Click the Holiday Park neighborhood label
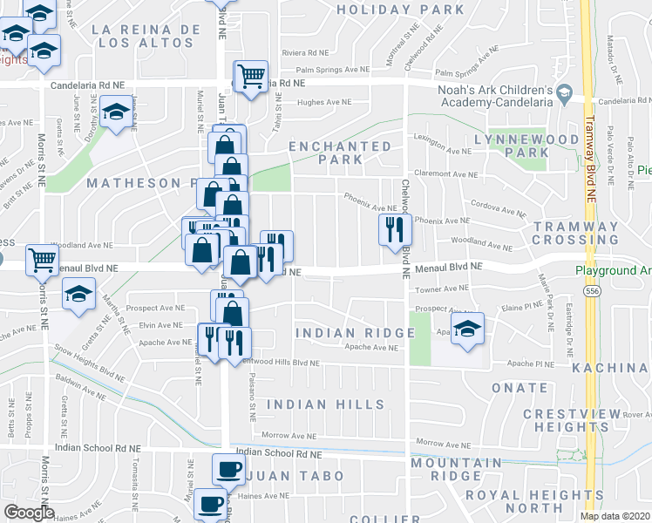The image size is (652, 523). point(400,10)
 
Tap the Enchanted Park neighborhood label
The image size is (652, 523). point(340,153)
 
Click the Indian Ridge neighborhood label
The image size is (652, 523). point(354,333)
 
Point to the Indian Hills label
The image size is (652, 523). point(325,404)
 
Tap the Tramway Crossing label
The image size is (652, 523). point(575,234)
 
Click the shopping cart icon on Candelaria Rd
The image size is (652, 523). point(251,76)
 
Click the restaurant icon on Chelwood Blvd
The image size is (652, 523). point(395,229)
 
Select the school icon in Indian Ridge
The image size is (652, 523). point(468,329)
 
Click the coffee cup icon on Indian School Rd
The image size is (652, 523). point(229,468)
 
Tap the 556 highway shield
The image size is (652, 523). point(593,290)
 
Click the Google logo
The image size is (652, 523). point(29,513)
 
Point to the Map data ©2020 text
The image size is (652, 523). point(615,516)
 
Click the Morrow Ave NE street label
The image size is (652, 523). point(287,436)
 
